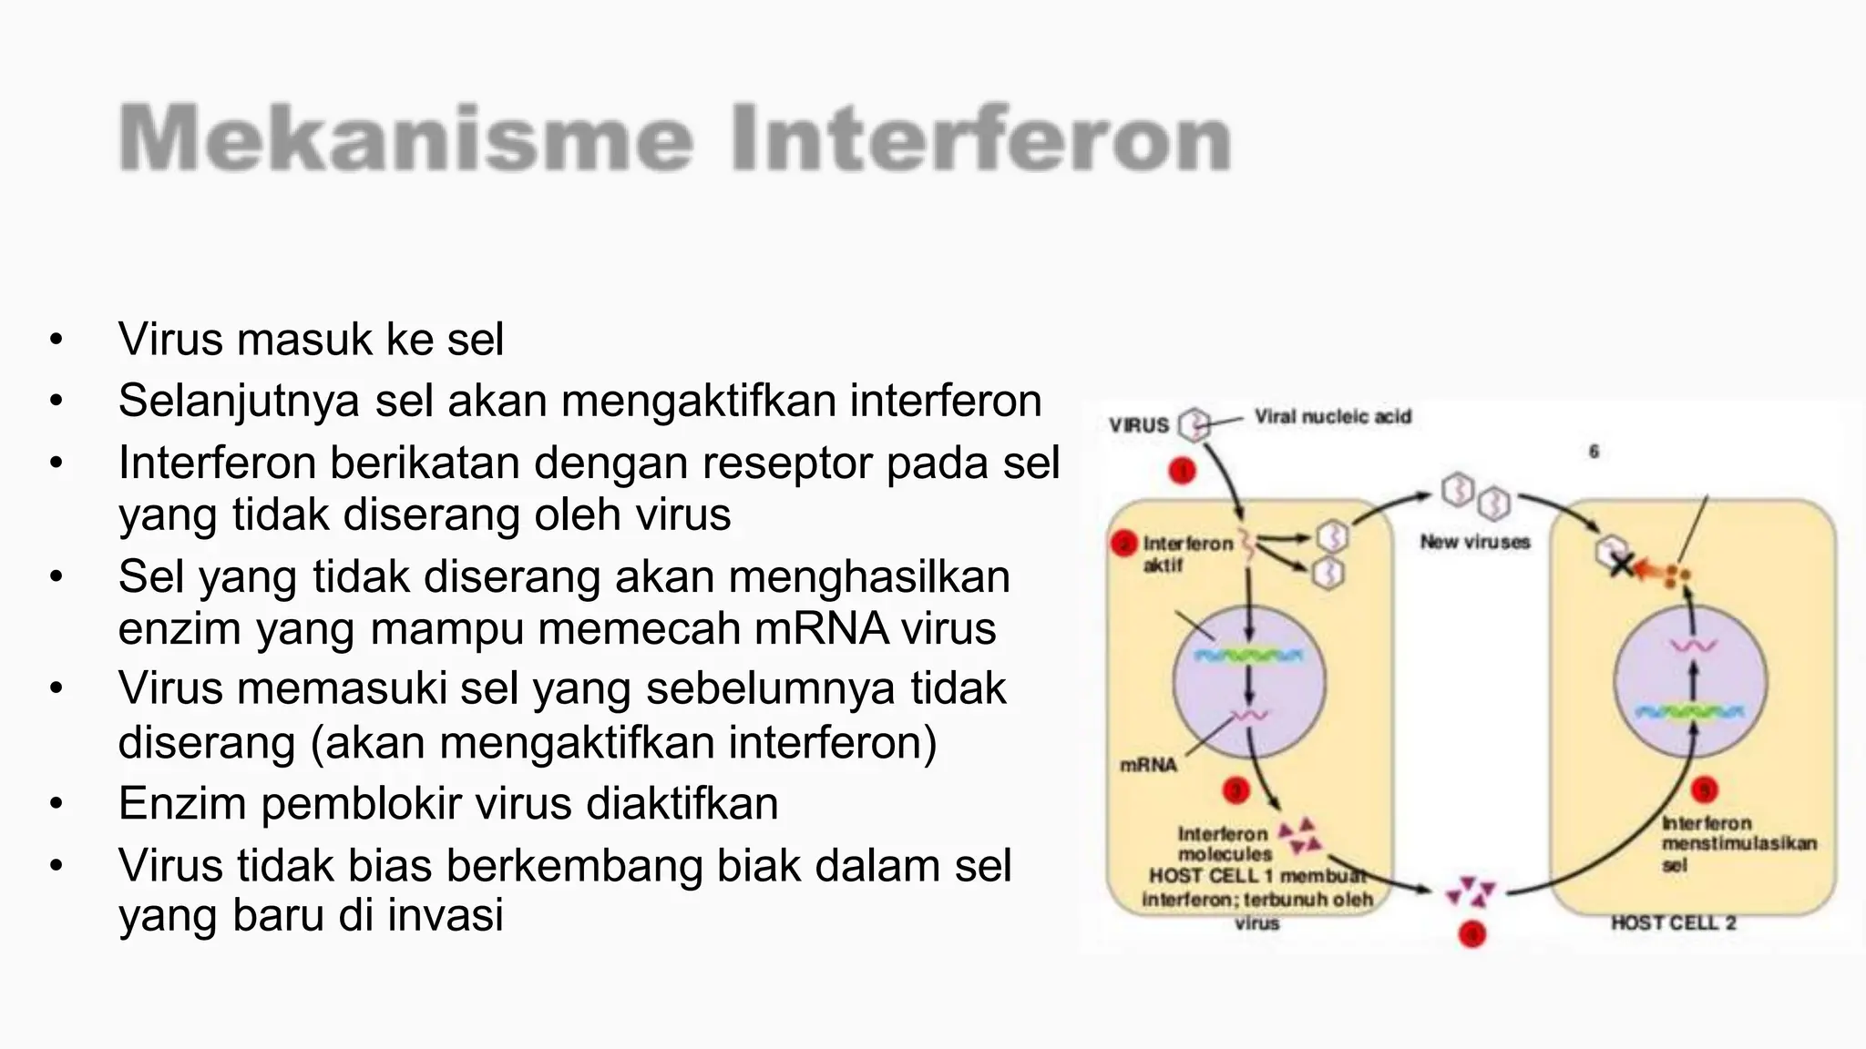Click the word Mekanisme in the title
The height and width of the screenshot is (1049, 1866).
pos(406,138)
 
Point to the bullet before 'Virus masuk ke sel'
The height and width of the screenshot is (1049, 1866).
pos(56,340)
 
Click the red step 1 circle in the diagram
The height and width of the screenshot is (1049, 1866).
pos(1182,471)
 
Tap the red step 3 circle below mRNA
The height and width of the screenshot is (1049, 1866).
pos(1236,790)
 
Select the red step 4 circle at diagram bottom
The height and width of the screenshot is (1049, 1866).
pos(1472,934)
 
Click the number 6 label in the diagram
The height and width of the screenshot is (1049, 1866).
pos(1594,452)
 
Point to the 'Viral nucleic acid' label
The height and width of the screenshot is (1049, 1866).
pos(1332,417)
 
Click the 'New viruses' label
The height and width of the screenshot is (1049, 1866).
pos(1474,542)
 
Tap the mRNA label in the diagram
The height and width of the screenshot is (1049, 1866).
pos(1148,765)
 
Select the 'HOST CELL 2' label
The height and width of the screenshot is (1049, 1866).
pos(1673,923)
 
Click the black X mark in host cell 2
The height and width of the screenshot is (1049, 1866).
pos(1621,565)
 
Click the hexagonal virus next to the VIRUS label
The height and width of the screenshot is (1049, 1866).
pos(1194,424)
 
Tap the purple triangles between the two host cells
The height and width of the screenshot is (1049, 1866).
pos(1471,891)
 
